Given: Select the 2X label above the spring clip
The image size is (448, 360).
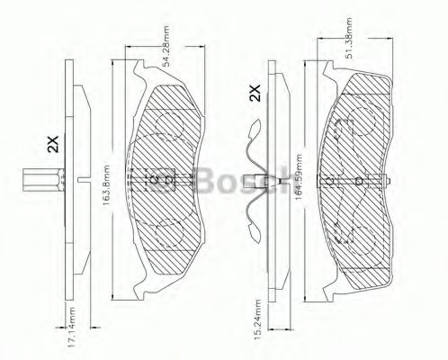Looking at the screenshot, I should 255,93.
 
